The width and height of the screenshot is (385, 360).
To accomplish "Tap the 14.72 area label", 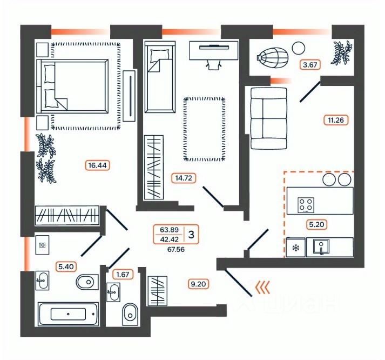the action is pyautogui.click(x=182, y=177).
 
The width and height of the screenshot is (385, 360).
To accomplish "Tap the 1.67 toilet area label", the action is pyautogui.click(x=121, y=275).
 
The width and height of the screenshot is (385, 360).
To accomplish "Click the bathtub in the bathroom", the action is pyautogui.click(x=68, y=314).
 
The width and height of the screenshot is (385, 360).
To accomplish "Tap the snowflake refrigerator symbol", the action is pyautogui.click(x=295, y=248).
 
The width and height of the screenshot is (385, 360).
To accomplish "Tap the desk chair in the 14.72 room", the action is pyautogui.click(x=214, y=64).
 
